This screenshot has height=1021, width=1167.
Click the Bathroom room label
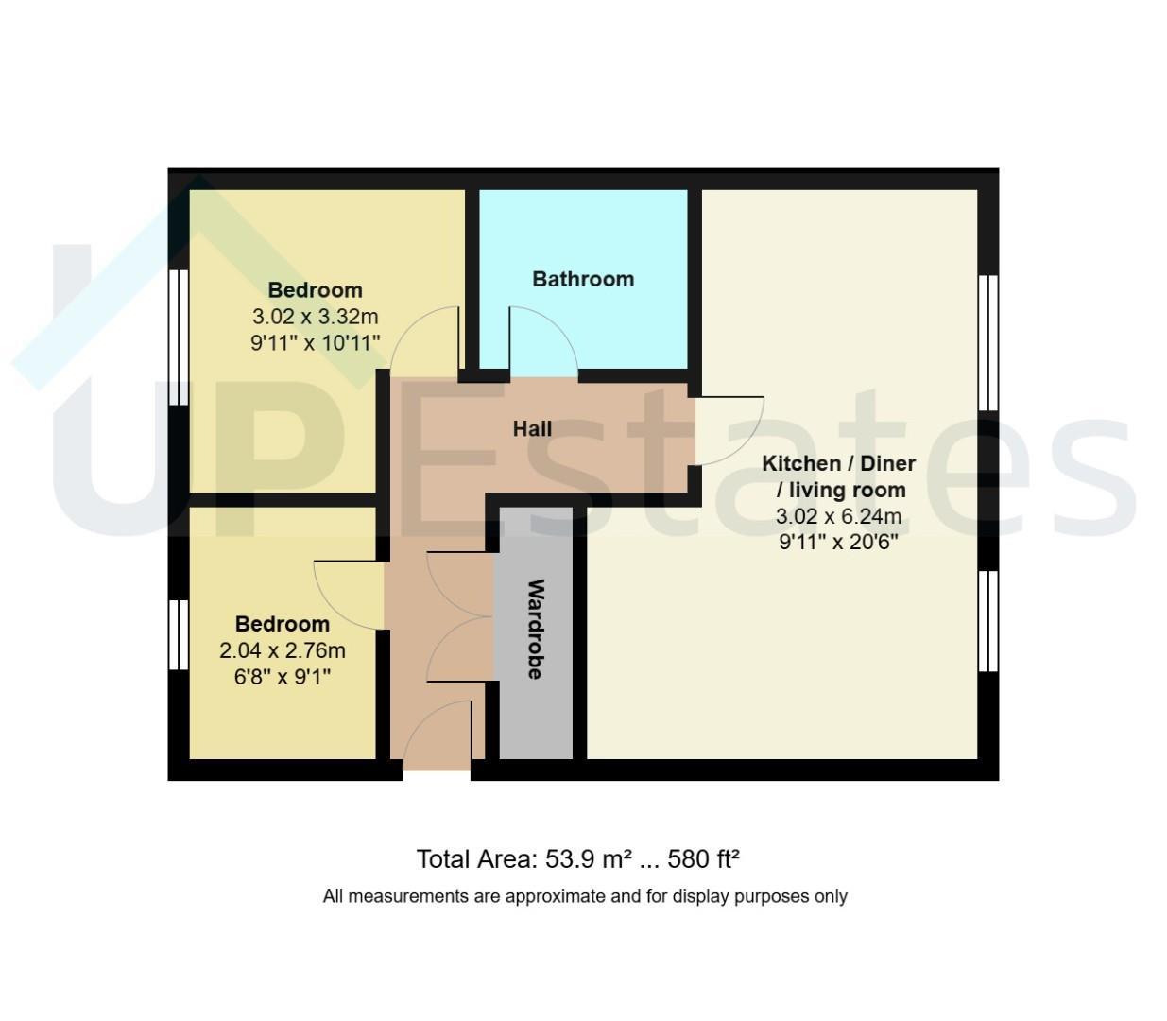pyautogui.click(x=583, y=279)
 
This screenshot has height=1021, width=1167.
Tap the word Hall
pyautogui.click(x=532, y=428)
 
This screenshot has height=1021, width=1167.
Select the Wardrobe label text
pyautogui.click(x=535, y=629)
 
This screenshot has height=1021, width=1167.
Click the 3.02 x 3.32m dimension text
pyautogui.click(x=315, y=316)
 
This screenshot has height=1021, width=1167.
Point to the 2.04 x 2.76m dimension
pyautogui.click(x=283, y=650)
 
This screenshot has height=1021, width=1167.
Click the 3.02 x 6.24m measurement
pyautogui.click(x=838, y=516)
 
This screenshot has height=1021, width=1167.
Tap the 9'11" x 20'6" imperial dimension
pyautogui.click(x=838, y=542)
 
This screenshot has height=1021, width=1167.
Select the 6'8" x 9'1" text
pyautogui.click(x=283, y=677)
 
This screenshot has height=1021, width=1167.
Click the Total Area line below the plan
pyautogui.click(x=577, y=858)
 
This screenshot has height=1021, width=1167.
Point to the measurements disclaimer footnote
pyautogui.click(x=585, y=896)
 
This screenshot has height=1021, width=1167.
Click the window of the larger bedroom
pyautogui.click(x=179, y=337)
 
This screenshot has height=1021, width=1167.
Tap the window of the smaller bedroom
pyautogui.click(x=179, y=634)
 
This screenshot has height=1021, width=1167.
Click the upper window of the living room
pyautogui.click(x=988, y=342)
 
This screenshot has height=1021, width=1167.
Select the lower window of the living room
pyautogui.click(x=988, y=621)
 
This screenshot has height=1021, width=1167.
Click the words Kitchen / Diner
pyautogui.click(x=838, y=463)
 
